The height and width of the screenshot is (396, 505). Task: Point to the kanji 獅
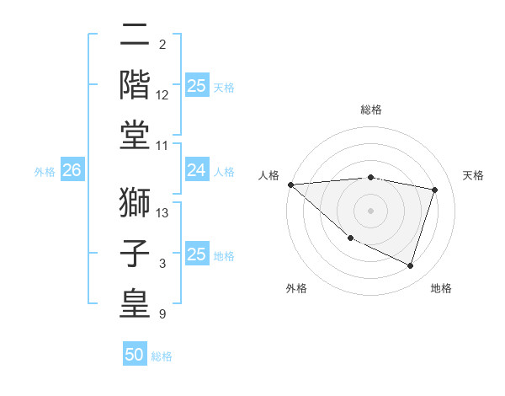coord(135,202)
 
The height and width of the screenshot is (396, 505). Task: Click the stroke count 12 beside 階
coord(163,96)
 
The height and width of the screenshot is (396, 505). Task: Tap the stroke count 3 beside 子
coord(162,265)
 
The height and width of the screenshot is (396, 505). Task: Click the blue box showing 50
coord(135,355)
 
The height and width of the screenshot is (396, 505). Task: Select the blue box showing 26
coord(72,171)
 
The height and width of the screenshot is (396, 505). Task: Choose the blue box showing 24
coord(196,171)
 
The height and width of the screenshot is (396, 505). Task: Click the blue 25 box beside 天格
coord(196,86)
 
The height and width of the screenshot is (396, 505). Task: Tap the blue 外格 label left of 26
coord(45,172)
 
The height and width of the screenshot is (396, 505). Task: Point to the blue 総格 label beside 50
coord(162,356)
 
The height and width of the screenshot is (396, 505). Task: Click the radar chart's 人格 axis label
coord(269,175)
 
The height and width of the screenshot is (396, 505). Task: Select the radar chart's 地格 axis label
coord(441,288)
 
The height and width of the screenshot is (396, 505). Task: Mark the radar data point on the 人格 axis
coord(290,185)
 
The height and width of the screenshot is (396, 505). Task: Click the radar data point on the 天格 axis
coord(435,190)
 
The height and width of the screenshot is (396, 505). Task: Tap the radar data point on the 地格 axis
coord(410,265)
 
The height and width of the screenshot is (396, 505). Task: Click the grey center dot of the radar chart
coord(370,210)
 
